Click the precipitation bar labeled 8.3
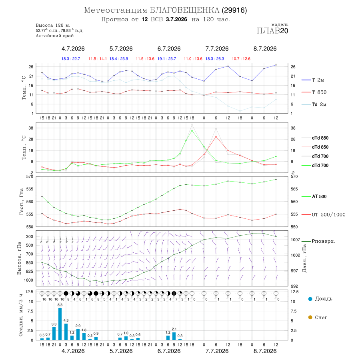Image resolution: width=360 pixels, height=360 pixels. [60, 324]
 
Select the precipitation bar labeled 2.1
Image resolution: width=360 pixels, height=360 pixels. [174, 336]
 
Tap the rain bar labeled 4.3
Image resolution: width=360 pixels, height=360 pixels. [66, 332]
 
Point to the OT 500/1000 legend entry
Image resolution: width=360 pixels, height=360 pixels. [323, 215]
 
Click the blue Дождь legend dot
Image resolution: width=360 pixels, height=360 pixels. [310, 299]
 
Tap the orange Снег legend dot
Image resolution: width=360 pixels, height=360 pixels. [310, 317]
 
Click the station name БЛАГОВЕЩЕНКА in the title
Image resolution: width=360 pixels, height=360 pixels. [184, 10]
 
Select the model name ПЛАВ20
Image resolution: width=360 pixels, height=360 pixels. [272, 31]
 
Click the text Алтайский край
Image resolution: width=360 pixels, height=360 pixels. [55, 36]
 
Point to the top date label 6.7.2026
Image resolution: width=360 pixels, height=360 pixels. [169, 49]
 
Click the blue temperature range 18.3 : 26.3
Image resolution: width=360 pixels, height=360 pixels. [215, 59]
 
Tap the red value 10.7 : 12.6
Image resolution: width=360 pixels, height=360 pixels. [241, 59]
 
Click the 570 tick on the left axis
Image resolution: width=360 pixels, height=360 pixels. [30, 177]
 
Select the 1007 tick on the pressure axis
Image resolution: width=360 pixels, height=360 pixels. [295, 240]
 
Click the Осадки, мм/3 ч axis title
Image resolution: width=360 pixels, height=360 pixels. [21, 315]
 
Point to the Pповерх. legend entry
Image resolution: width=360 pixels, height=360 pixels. [318, 241]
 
